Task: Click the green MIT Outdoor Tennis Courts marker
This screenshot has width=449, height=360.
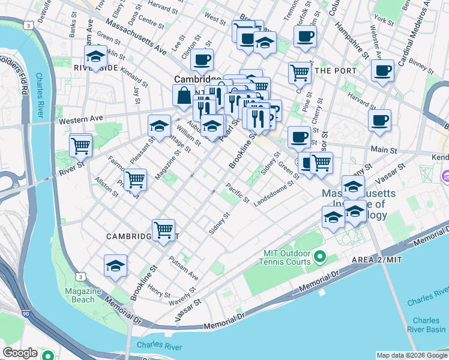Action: pos(320,257)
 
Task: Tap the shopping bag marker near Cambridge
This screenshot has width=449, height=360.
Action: pos(182,96)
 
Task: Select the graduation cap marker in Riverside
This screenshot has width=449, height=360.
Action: pos(95,58)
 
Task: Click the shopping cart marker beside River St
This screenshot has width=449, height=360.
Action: pos(80,145)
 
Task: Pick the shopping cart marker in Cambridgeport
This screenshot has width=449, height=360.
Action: pos(163,230)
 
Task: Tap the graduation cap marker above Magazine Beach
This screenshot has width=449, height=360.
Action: pos(115,266)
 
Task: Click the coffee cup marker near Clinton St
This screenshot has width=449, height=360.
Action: pos(202,60)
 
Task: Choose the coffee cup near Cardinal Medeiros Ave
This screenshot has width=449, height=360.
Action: pos(382,71)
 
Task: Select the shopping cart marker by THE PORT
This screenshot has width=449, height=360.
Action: pos(299,73)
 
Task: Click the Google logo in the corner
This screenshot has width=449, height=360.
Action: pos(20,353)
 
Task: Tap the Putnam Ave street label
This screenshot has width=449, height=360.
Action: pos(183,268)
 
